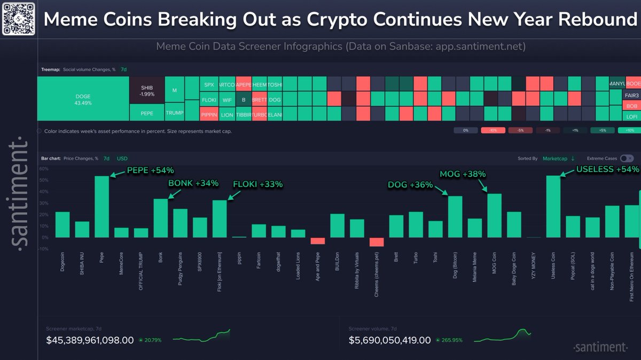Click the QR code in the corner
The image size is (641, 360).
(19, 19)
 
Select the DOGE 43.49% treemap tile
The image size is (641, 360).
(83, 99)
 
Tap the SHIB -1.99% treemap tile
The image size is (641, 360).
(146, 90)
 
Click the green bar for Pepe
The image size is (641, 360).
(102, 207)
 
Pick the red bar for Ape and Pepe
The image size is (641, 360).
(318, 241)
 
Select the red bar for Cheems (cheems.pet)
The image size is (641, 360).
(377, 242)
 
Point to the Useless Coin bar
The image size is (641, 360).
(553, 207)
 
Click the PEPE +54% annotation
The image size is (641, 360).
(150, 171)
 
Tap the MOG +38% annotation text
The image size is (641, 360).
(462, 174)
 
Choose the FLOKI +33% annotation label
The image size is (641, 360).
(257, 184)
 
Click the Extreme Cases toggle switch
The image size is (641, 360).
(627, 158)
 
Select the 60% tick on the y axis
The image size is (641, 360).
(44, 168)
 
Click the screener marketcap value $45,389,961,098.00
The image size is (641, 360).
(90, 340)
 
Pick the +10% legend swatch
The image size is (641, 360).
(629, 130)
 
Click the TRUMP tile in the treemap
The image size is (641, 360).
(174, 113)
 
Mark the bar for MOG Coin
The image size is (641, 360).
(495, 216)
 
